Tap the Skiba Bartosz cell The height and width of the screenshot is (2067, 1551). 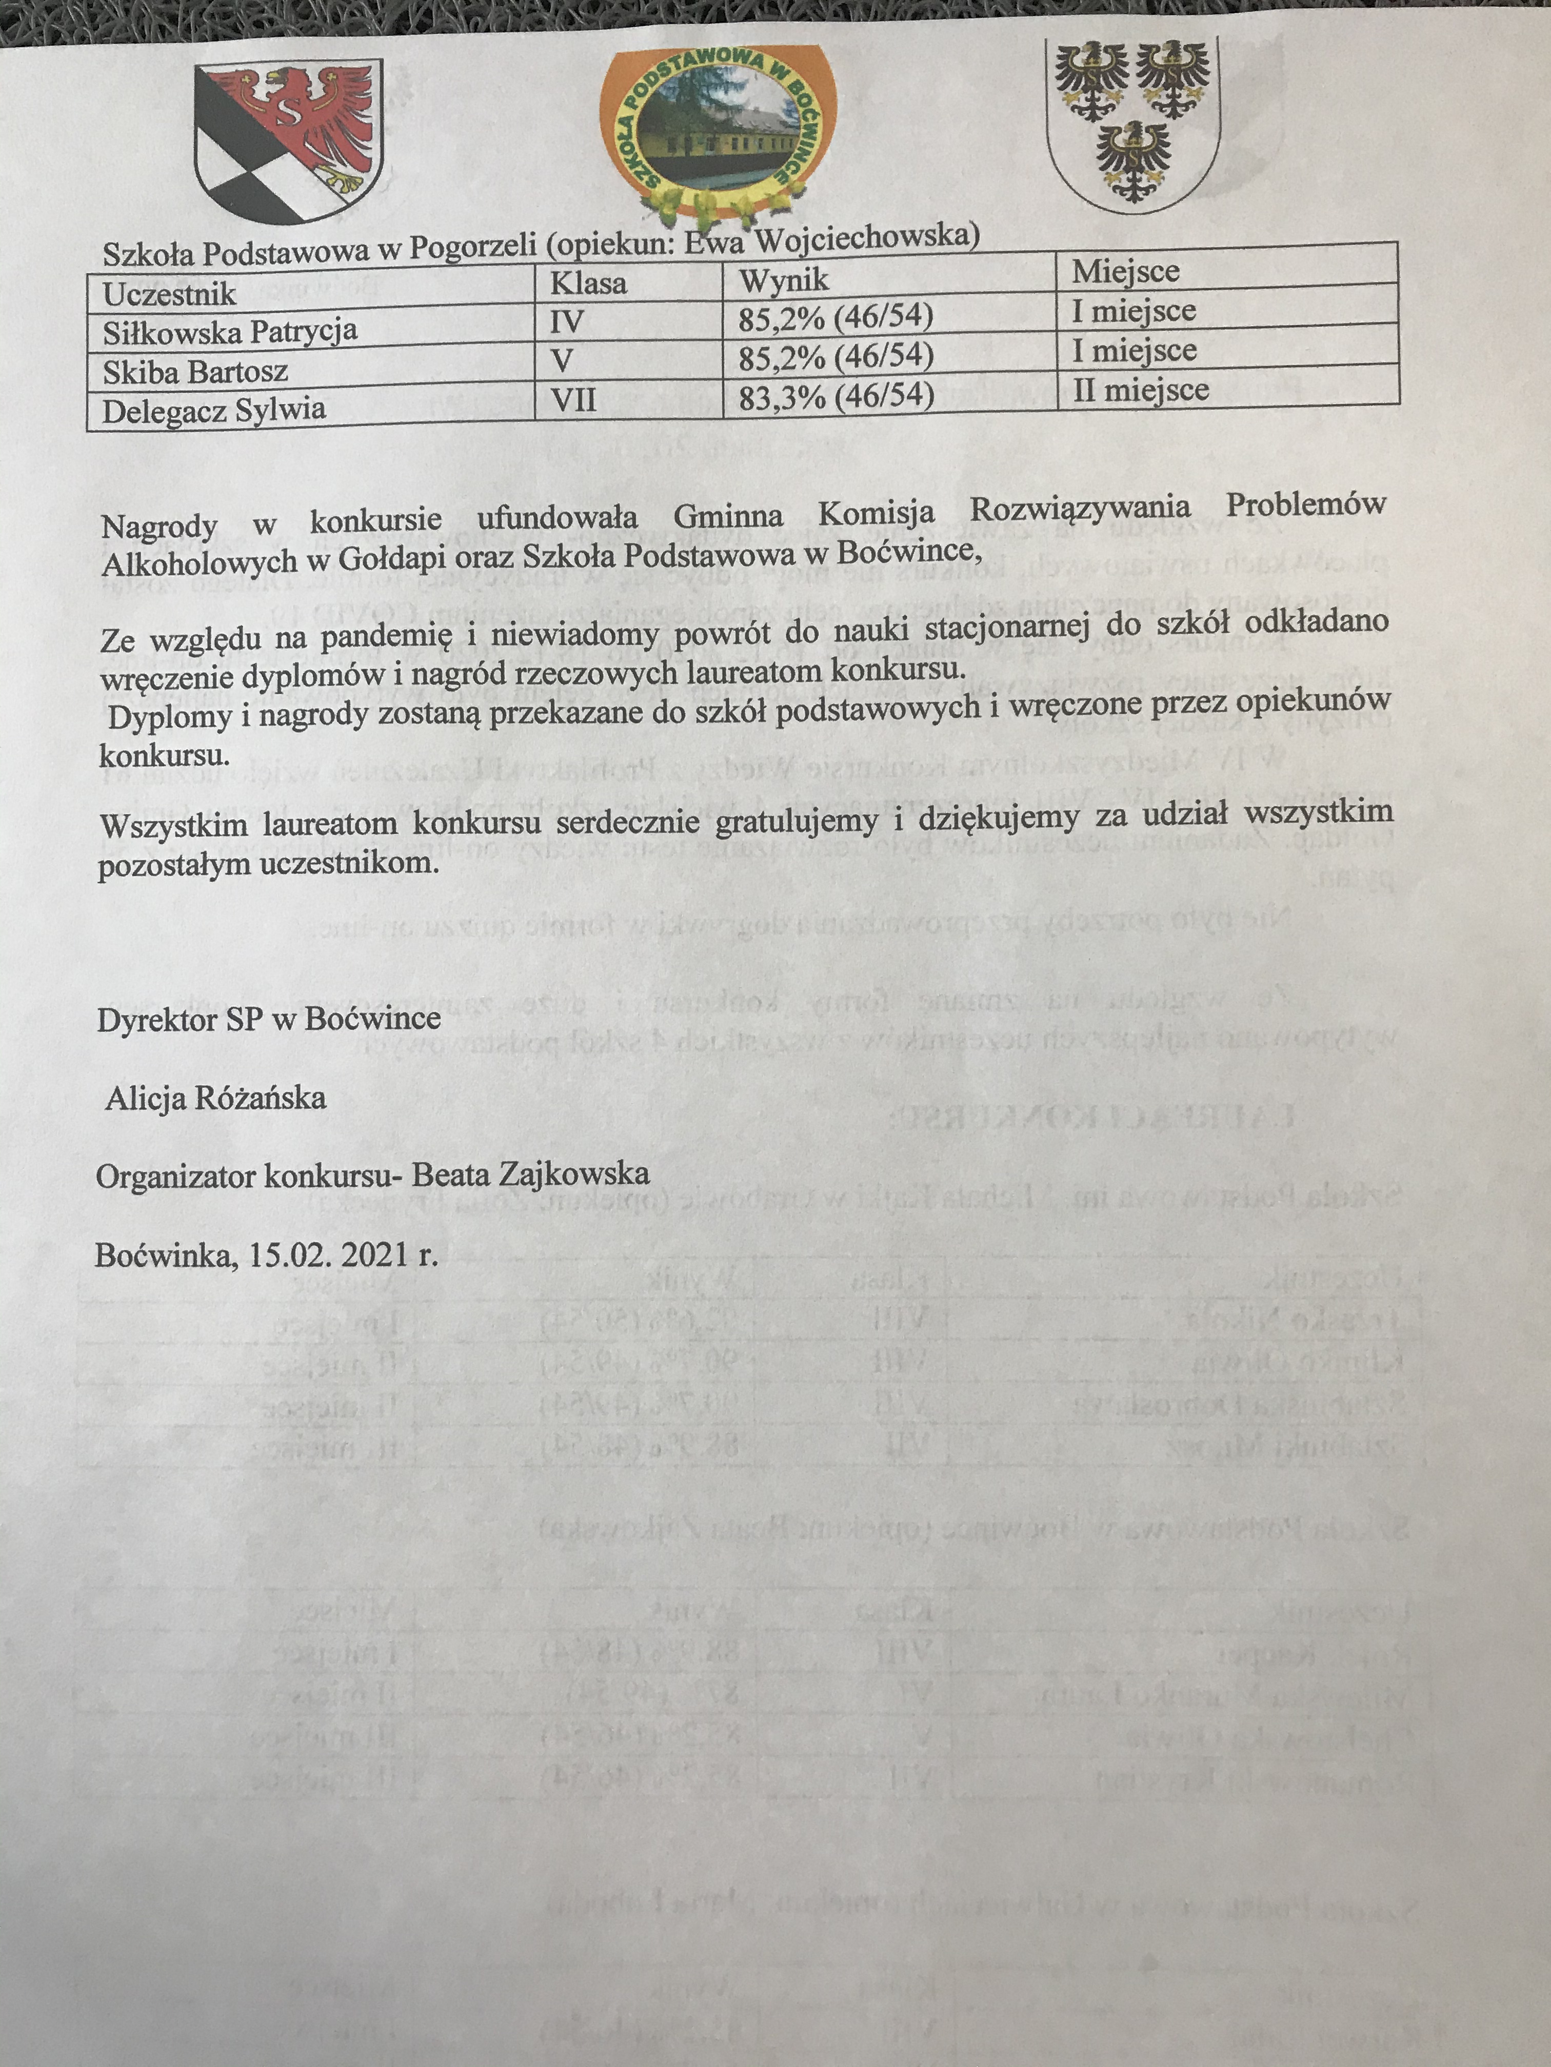click(x=195, y=372)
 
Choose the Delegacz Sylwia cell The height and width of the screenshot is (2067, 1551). click(x=214, y=410)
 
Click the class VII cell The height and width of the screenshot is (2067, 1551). click(x=573, y=400)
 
